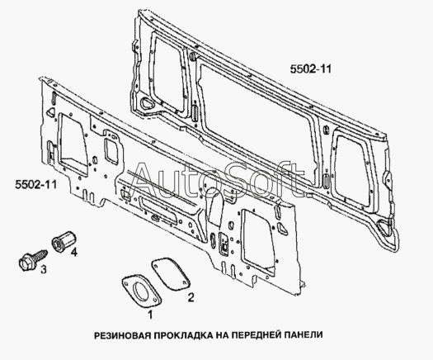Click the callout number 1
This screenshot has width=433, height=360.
[x=150, y=315]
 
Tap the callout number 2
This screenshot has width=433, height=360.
[x=191, y=297]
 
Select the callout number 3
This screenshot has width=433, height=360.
[x=44, y=269]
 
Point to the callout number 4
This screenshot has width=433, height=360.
[x=73, y=252]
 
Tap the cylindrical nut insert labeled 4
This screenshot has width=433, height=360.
[x=64, y=241]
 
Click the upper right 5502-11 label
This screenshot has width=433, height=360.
[x=310, y=69]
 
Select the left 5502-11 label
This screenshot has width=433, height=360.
[x=36, y=184]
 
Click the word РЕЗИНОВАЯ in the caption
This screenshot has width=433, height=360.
[x=123, y=335]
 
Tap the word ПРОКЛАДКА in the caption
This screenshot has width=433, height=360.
[x=183, y=335]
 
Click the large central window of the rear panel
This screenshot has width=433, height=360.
[x=257, y=121]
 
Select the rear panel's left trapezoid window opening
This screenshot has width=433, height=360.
[x=168, y=73]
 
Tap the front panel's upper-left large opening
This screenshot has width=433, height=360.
[x=73, y=144]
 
